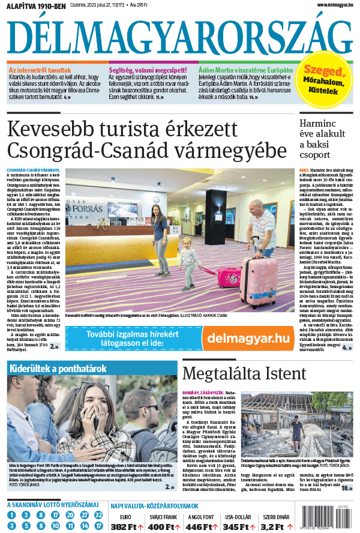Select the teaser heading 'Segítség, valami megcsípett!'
pos(148,70)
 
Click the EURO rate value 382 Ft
pos(127,526)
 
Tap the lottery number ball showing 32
pos(98,515)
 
